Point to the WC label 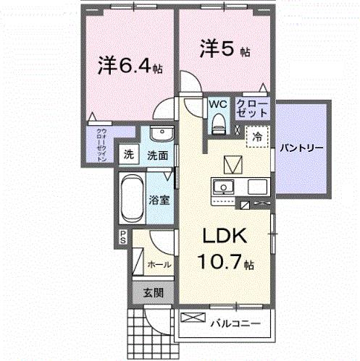pos(217,104)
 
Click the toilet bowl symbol pos(217,124)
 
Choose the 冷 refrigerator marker pos(257,135)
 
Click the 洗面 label pos(158,155)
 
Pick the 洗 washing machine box pos(129,154)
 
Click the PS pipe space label pos(123,236)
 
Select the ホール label pos(159,265)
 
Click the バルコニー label pos(235,323)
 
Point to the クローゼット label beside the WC pos(251,109)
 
